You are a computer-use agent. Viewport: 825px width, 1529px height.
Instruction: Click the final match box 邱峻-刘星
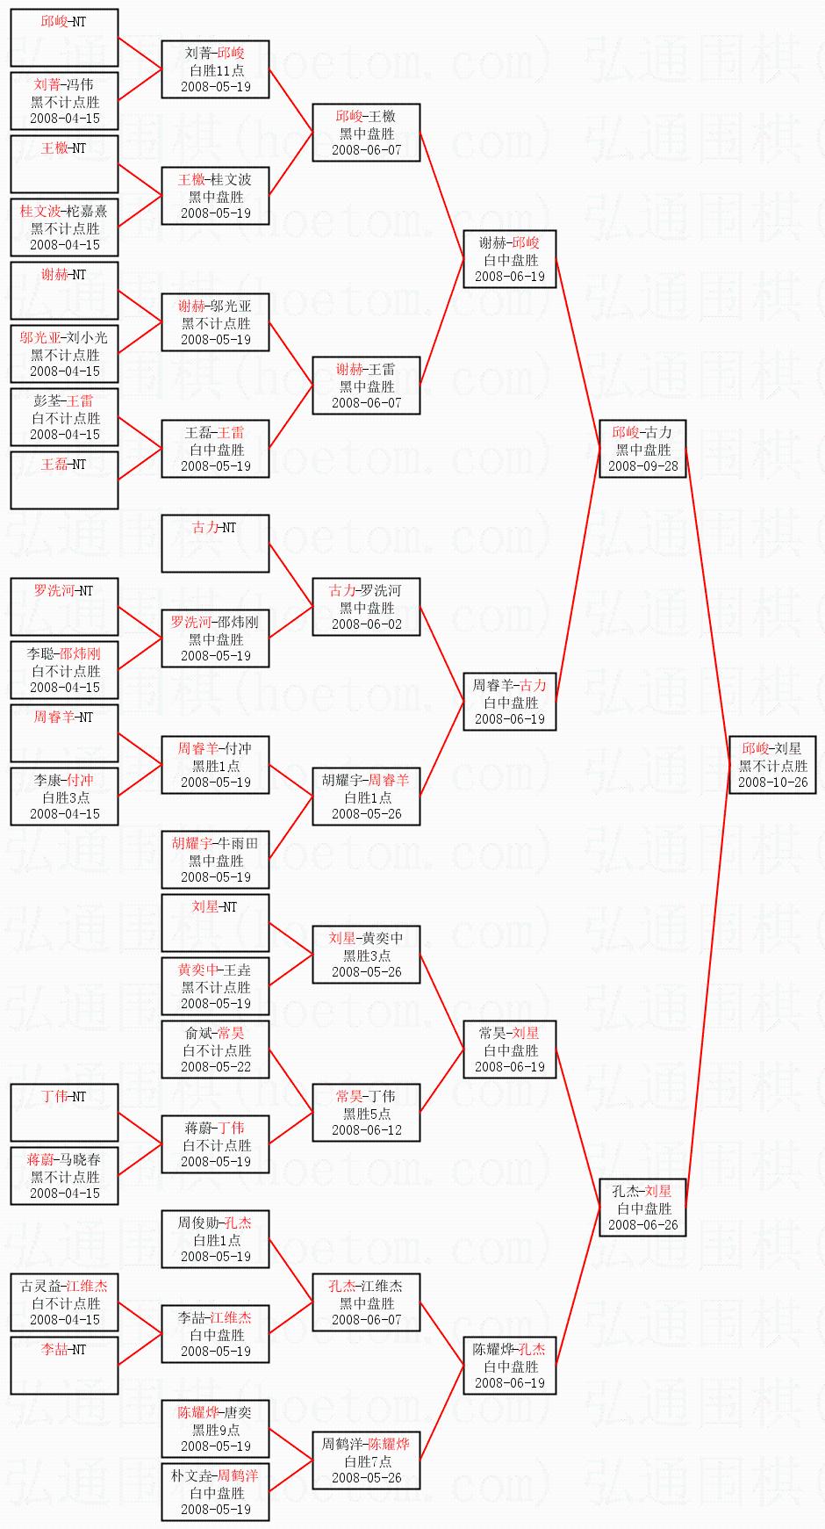point(772,765)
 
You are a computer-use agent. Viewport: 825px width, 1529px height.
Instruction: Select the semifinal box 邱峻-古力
point(642,449)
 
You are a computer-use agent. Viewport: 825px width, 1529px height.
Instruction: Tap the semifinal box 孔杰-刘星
point(642,1208)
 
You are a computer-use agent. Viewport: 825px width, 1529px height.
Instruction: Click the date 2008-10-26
point(772,782)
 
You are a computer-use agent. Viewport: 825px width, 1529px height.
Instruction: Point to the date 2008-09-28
point(642,466)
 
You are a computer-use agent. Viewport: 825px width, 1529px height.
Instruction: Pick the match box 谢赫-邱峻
point(509,259)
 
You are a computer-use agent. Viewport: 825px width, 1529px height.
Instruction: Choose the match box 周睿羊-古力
point(509,702)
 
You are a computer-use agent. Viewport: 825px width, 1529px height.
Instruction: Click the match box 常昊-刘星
point(509,1049)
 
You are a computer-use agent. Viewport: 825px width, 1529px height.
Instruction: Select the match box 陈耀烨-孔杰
point(509,1366)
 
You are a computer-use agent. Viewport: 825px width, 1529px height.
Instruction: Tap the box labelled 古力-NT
point(215,544)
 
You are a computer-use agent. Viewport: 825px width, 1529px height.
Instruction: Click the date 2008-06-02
point(366,624)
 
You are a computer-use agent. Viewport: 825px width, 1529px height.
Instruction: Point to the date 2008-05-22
point(215,1067)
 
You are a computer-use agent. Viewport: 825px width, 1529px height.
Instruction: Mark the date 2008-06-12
point(366,1130)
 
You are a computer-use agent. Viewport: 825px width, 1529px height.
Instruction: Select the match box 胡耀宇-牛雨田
point(215,860)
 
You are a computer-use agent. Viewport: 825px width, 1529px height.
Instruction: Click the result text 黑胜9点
point(215,1430)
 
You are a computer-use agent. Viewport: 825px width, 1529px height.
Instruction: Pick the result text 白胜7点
point(366,1461)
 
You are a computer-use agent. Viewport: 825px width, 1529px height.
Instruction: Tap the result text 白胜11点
point(215,70)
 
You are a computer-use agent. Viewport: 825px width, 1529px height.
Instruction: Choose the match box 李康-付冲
point(64,797)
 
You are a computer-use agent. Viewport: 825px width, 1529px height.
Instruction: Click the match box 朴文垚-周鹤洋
point(215,1492)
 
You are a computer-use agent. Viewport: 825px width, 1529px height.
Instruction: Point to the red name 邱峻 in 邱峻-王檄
point(349,116)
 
